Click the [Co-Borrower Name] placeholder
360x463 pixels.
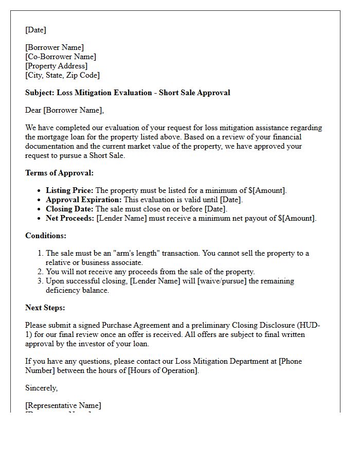[x=61, y=57]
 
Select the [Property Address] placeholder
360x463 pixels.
[x=57, y=66]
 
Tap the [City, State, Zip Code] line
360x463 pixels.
[x=62, y=75]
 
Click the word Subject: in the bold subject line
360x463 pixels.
[x=40, y=93]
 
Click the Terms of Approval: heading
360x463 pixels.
[x=59, y=173]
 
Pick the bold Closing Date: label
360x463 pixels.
[x=69, y=209]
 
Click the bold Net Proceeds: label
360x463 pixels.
[x=70, y=218]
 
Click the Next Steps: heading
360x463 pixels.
[x=45, y=308]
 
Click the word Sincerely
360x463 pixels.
[x=42, y=388]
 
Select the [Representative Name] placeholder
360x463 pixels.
[x=63, y=405]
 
